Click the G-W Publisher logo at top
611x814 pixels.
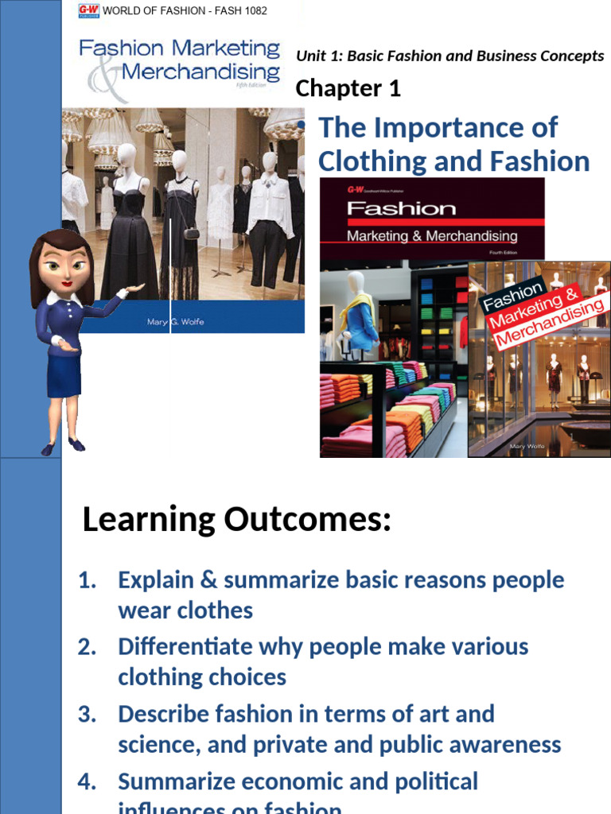pos(88,10)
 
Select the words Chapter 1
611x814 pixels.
pos(348,88)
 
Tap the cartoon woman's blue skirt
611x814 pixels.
pos(64,374)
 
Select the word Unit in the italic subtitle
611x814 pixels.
pos(311,56)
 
